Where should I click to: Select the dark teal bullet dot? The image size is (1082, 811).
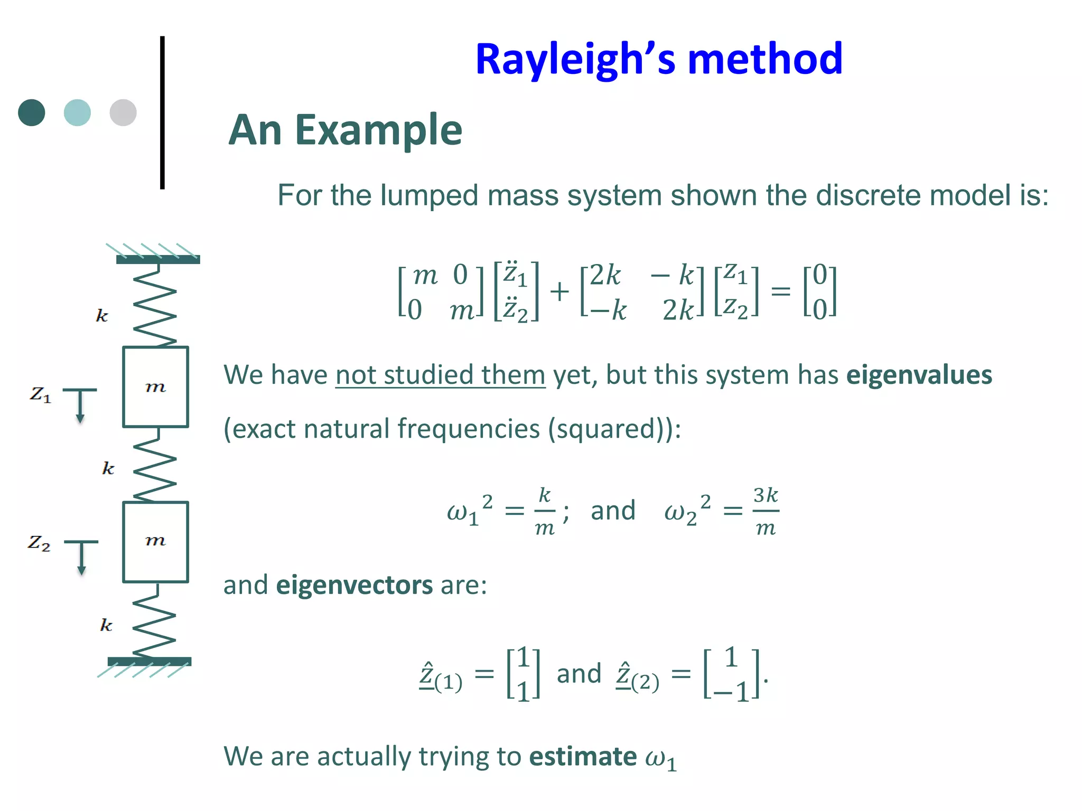pyautogui.click(x=32, y=112)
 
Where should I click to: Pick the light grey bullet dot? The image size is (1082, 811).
pyautogui.click(x=123, y=112)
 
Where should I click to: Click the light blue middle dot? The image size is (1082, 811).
pyautogui.click(x=77, y=112)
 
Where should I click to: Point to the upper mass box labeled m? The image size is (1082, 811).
pyautogui.click(x=155, y=387)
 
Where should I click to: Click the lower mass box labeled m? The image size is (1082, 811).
pyautogui.click(x=155, y=542)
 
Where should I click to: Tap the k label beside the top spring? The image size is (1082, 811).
pyautogui.click(x=102, y=316)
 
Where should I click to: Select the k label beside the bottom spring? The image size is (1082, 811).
pyautogui.click(x=106, y=625)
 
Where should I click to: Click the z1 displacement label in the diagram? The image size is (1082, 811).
pyautogui.click(x=40, y=394)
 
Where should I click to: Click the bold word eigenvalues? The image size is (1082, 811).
pyautogui.click(x=919, y=375)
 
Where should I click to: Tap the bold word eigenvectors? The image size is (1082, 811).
pyautogui.click(x=355, y=585)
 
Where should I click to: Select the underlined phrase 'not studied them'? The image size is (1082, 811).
pyautogui.click(x=440, y=375)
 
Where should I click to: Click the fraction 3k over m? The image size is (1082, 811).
pyautogui.click(x=766, y=511)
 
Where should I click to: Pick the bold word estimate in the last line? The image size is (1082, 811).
pyautogui.click(x=583, y=756)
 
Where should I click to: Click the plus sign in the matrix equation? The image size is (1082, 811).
pyautogui.click(x=559, y=291)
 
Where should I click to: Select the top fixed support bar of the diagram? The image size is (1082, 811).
pyautogui.click(x=158, y=259)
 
